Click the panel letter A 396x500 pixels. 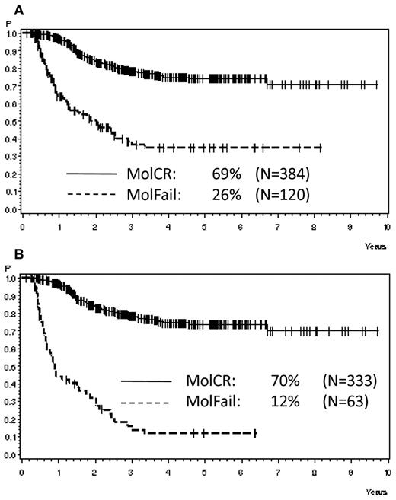(x=7, y=7)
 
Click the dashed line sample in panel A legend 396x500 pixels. (x=97, y=196)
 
